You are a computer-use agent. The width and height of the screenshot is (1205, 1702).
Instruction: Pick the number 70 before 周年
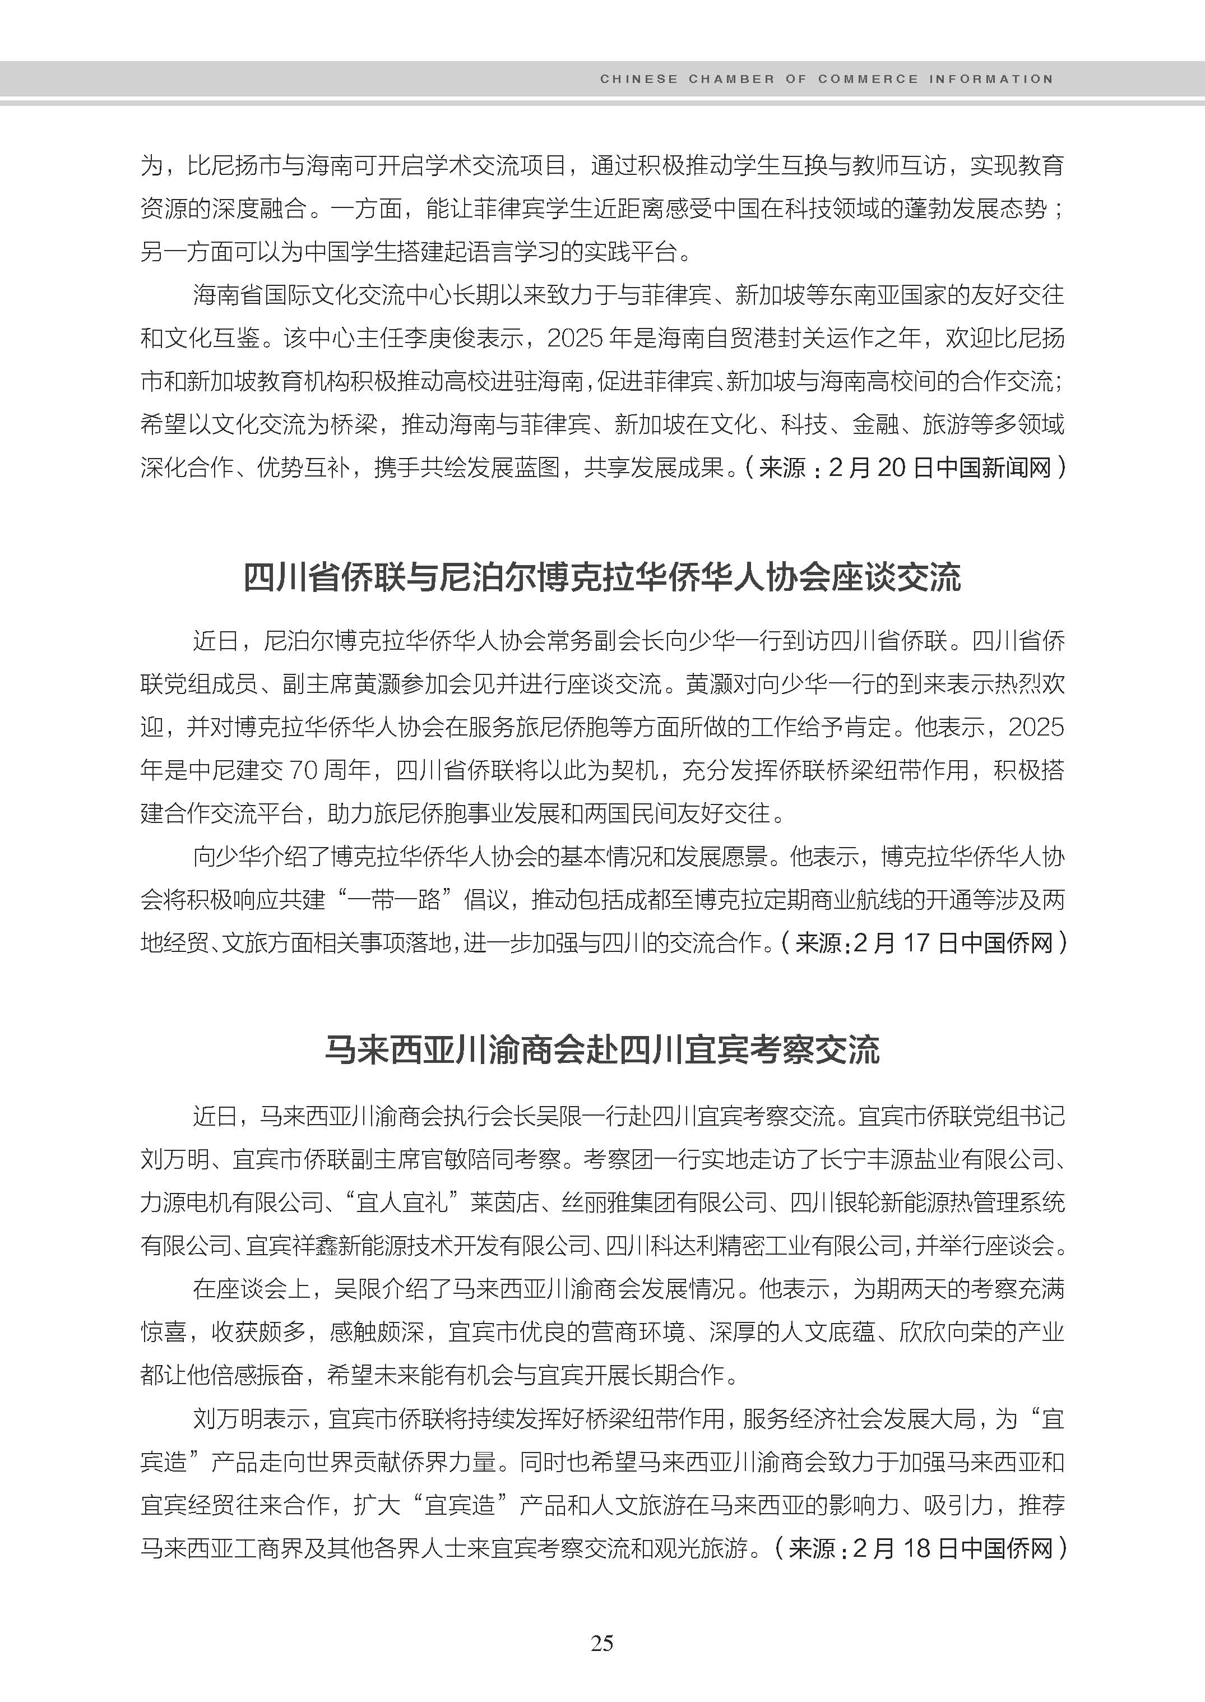(303, 770)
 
